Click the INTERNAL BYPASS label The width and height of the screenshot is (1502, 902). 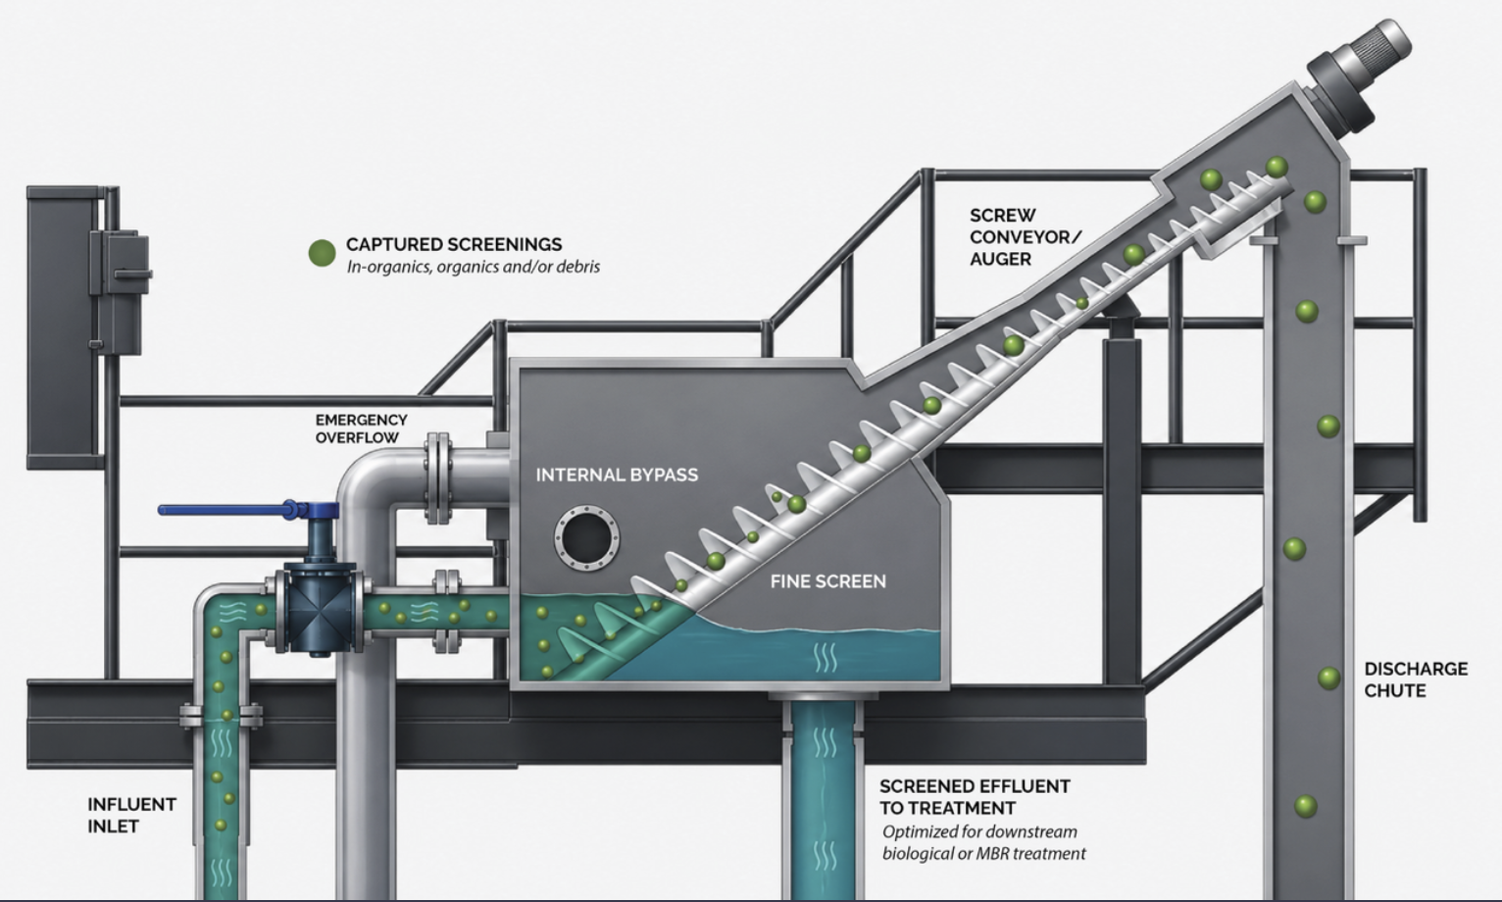tap(617, 475)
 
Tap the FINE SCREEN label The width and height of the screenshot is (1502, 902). tap(828, 581)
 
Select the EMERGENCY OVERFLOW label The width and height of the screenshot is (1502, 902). tap(362, 428)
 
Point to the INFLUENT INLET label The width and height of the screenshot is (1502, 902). tap(132, 815)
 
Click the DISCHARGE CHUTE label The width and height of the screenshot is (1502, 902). tap(1416, 679)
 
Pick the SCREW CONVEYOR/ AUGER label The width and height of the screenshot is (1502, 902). tap(1026, 236)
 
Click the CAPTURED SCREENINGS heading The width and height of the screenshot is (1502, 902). tap(454, 244)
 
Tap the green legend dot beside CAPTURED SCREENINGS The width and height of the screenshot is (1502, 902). tap(322, 253)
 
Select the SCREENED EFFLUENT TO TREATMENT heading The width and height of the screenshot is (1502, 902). tap(975, 797)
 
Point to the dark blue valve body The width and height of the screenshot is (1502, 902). tap(320, 610)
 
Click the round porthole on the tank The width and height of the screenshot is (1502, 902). tap(586, 538)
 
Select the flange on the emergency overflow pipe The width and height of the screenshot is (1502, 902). tap(438, 477)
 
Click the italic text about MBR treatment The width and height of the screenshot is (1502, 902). tap(983, 842)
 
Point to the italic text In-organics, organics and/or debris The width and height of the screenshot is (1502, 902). tap(474, 267)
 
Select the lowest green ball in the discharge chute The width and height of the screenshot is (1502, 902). tap(1306, 806)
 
